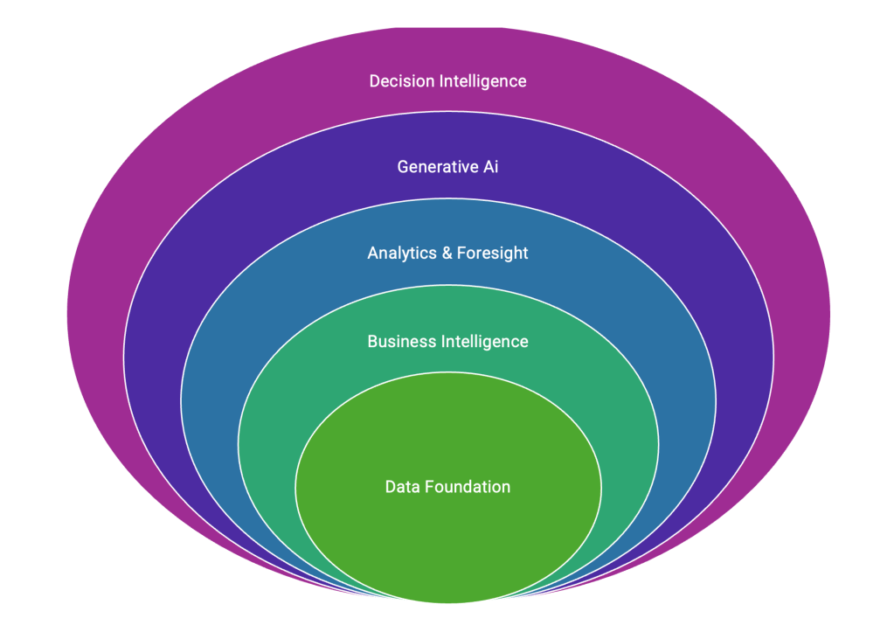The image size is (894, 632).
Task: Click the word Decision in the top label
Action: point(400,81)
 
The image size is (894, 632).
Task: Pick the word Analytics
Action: point(403,253)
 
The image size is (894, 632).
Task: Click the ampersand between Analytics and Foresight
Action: point(447,253)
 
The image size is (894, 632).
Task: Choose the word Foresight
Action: point(493,253)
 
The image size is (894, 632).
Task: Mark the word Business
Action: point(399,341)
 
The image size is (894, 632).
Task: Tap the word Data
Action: point(403,487)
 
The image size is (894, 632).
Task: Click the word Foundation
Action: point(468,487)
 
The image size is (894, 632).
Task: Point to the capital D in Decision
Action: point(375,81)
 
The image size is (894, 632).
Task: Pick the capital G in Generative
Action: point(403,166)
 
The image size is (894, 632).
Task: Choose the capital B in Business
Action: point(372,341)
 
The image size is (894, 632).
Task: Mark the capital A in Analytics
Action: point(373,253)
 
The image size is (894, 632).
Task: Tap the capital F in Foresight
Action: point(461,253)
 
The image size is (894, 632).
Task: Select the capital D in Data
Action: point(391,487)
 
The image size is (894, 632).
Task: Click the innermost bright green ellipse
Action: point(447,542)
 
